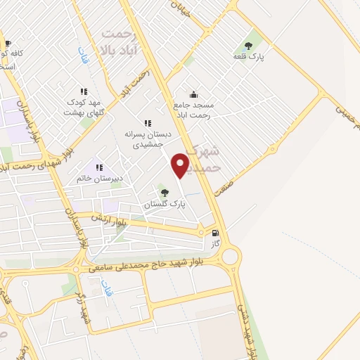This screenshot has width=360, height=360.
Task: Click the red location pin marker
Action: [181, 165]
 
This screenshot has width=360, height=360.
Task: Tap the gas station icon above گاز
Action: [214, 233]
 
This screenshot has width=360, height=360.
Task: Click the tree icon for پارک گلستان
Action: [165, 192]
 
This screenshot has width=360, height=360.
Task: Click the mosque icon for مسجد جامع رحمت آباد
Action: [193, 95]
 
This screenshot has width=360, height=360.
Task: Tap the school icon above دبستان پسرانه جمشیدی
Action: [147, 122]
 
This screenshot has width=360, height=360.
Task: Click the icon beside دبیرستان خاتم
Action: [98, 167]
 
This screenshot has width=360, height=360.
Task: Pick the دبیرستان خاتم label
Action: [101, 179]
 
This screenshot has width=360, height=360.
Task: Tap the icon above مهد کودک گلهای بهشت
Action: [84, 91]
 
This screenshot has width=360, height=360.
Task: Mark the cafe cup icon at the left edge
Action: [8, 43]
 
